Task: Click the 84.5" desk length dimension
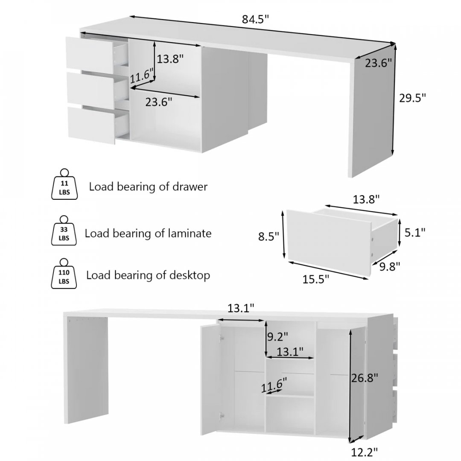click(x=255, y=19)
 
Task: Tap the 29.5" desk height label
click(x=412, y=98)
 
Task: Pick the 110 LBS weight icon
click(x=64, y=274)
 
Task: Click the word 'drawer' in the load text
click(x=190, y=187)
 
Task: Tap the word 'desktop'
click(x=190, y=275)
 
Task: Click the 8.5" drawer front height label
click(x=268, y=236)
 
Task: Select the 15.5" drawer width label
click(x=316, y=279)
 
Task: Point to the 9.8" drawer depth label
click(x=390, y=267)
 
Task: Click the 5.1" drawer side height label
click(x=415, y=233)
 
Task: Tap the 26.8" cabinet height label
click(x=365, y=378)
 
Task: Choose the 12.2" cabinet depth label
click(x=365, y=452)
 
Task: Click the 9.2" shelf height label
click(x=277, y=337)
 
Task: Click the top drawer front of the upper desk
click(x=89, y=55)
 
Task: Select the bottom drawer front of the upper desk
click(x=91, y=125)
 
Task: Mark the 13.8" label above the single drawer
click(x=366, y=200)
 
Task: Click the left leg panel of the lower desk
click(x=86, y=370)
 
